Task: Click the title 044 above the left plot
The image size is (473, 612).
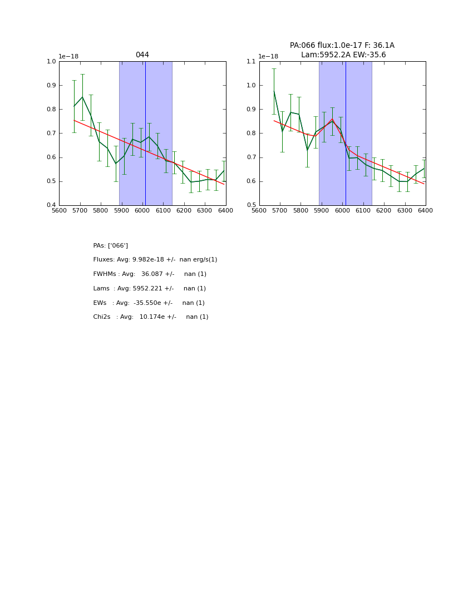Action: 142,55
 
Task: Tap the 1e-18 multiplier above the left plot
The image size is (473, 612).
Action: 68,56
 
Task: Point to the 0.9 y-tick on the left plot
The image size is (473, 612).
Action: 51,86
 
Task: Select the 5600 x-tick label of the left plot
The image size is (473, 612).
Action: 59,211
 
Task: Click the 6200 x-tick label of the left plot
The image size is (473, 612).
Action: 184,211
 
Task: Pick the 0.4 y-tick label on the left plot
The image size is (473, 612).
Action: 51,205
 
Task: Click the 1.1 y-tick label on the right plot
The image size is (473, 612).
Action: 251,62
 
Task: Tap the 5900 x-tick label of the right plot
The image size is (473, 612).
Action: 322,211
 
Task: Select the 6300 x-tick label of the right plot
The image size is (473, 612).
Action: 405,211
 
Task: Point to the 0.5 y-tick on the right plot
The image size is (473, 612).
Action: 251,205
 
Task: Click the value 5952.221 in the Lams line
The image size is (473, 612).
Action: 152,289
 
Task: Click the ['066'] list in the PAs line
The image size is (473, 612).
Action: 118,246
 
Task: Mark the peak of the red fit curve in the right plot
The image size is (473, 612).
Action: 332,119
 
